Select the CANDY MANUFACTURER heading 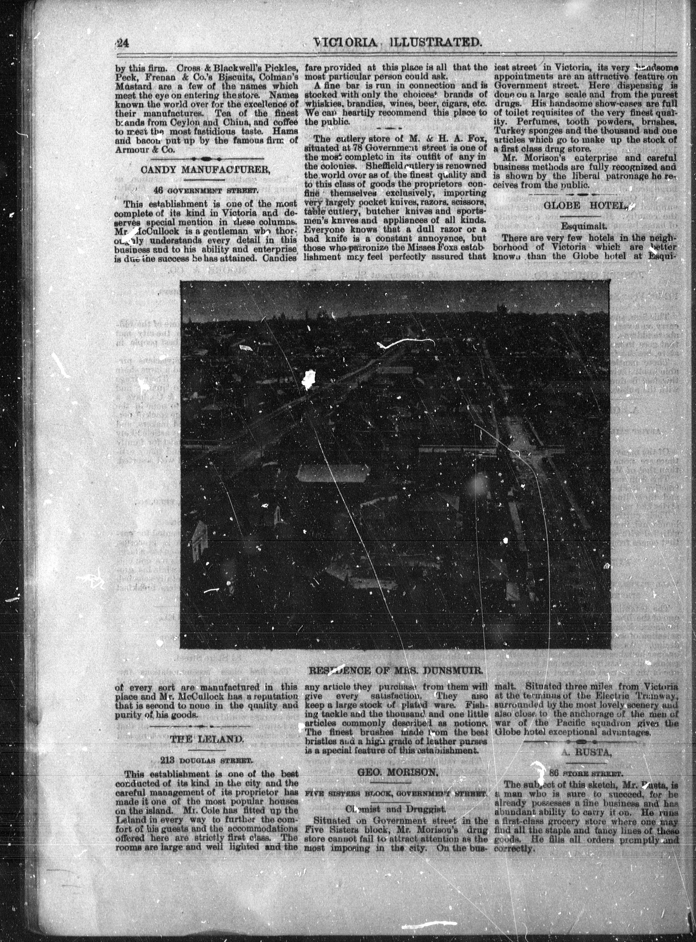(x=207, y=171)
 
